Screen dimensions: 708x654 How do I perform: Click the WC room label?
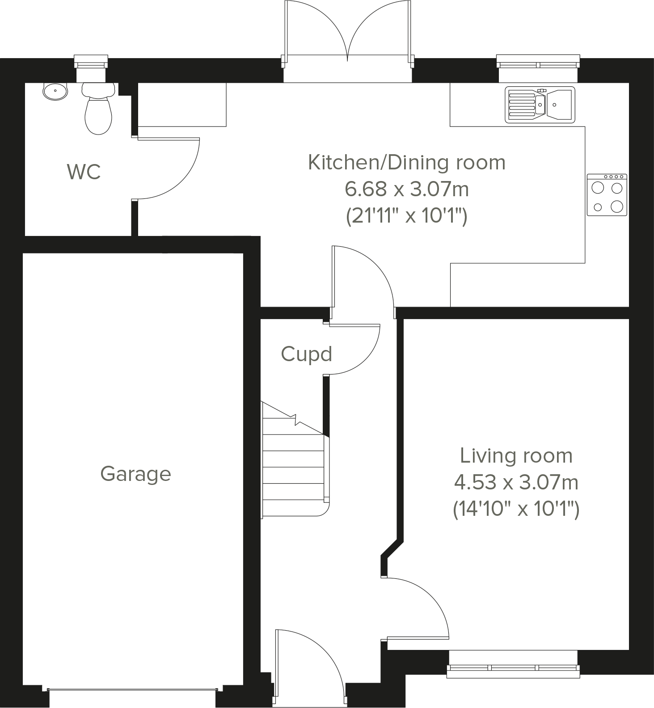click(84, 172)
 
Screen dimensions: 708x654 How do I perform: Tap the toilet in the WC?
click(98, 112)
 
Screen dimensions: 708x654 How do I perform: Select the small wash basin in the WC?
click(55, 91)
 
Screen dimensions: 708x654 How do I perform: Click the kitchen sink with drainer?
click(540, 105)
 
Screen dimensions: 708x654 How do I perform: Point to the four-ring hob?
click(607, 195)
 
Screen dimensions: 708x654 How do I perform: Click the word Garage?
click(135, 474)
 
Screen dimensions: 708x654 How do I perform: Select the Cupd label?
click(306, 354)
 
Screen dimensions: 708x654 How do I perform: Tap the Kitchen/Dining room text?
click(406, 162)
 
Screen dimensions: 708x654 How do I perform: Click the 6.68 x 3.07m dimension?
click(406, 189)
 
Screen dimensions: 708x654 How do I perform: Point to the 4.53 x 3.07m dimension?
click(516, 482)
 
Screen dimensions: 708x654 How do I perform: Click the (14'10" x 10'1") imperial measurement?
click(516, 509)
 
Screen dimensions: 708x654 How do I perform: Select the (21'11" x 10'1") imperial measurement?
click(406, 216)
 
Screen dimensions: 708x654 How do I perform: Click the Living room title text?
click(516, 455)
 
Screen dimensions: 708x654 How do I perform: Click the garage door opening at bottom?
click(133, 690)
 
